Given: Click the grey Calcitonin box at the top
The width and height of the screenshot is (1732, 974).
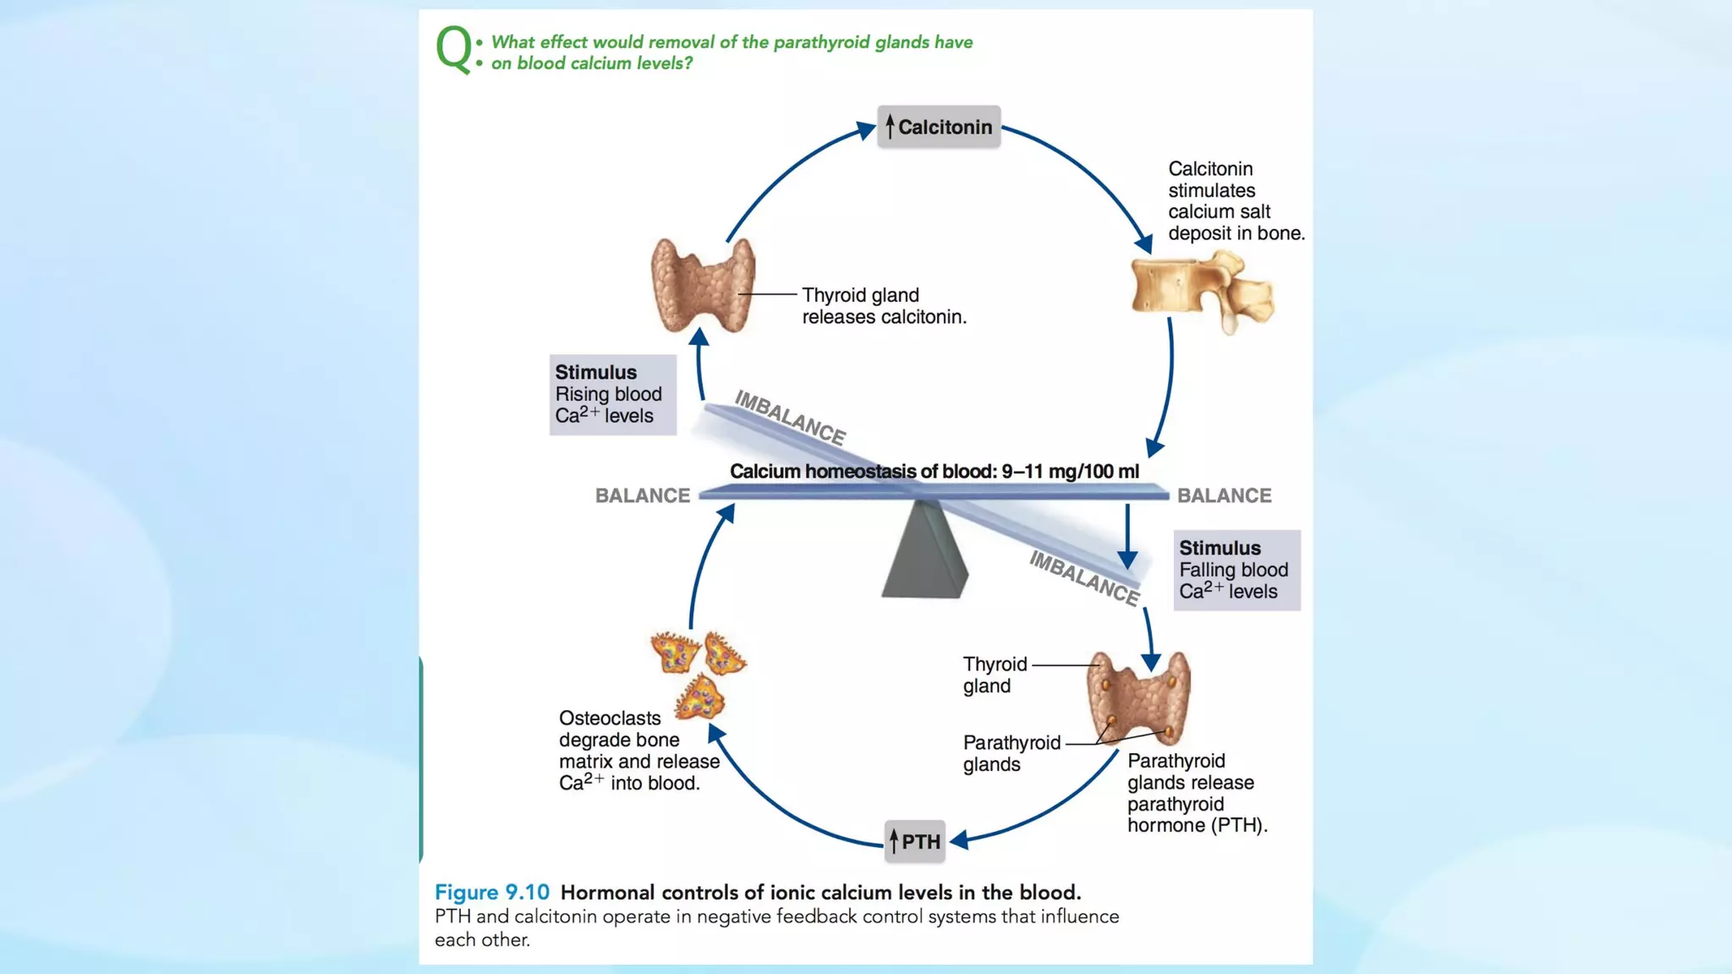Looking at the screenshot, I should [939, 127].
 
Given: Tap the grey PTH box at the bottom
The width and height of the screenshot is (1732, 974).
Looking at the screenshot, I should [914, 841].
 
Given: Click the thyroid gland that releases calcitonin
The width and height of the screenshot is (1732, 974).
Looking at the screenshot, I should [702, 286].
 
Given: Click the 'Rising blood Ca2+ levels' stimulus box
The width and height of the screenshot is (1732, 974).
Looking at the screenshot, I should [612, 394].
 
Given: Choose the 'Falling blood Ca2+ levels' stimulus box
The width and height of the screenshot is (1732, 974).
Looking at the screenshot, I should [1236, 570].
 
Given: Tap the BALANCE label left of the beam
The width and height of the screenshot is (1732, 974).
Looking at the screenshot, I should [643, 495].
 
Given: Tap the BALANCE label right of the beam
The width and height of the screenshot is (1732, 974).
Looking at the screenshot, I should [1224, 495].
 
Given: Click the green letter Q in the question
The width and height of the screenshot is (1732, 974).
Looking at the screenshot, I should [453, 48].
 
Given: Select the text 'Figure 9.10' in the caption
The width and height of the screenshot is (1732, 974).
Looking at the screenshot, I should [491, 892].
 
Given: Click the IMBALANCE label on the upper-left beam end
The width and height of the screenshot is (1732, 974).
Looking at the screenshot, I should [790, 418].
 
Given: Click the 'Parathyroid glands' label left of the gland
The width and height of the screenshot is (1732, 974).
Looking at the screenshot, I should [1011, 753].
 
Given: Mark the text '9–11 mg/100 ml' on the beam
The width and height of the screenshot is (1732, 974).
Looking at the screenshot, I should [1070, 472].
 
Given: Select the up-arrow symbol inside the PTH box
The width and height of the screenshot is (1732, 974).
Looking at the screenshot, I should [894, 841].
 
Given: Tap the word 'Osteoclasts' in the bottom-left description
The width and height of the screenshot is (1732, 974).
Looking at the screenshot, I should [610, 718].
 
